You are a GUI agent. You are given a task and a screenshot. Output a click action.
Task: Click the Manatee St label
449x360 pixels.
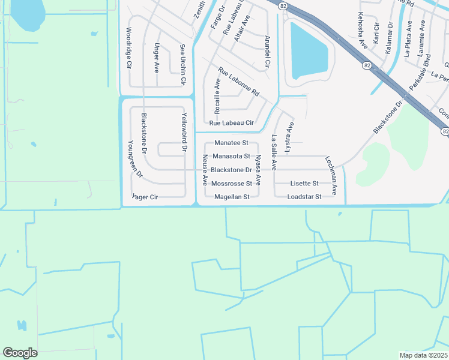coord(231,143)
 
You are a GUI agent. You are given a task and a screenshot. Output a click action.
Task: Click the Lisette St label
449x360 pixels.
coord(304,183)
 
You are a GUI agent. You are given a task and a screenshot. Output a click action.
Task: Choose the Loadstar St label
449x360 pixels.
coord(304,196)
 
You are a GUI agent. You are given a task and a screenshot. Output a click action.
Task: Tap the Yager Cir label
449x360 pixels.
coord(145,196)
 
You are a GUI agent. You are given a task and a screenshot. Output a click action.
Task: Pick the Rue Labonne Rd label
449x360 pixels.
coord(238,82)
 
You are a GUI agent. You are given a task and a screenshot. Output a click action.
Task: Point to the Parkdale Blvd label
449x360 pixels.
coord(420,74)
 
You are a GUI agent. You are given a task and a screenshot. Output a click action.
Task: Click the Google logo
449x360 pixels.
coord(20,353)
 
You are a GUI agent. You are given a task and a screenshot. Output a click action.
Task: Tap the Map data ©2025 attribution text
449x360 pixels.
coord(424,355)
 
